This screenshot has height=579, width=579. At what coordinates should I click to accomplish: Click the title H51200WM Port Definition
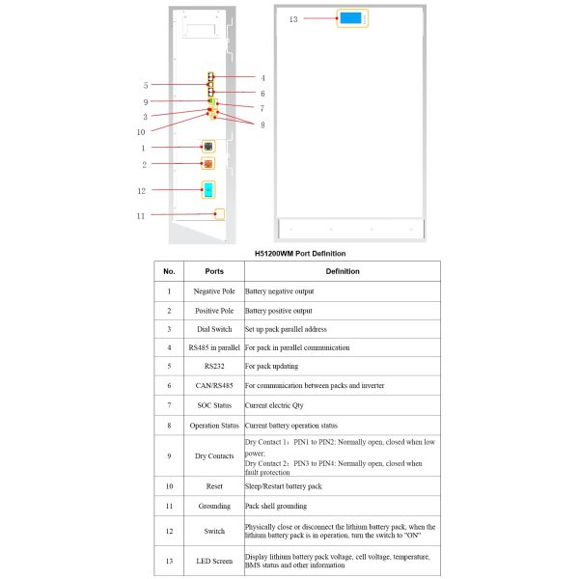(x=299, y=253)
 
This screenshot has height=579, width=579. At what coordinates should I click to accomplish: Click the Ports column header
(x=214, y=271)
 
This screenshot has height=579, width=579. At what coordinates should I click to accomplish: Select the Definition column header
(x=342, y=271)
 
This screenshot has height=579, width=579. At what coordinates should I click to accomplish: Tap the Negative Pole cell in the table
(x=214, y=290)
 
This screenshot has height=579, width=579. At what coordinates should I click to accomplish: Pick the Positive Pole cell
(x=214, y=311)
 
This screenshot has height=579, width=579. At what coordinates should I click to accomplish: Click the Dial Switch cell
(x=214, y=329)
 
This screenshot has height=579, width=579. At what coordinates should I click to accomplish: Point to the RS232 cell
(x=214, y=367)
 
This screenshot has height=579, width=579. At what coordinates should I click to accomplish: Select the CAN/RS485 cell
(x=214, y=386)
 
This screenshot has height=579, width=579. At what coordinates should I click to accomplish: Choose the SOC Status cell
(x=214, y=406)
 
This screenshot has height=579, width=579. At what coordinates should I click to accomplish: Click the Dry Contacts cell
(x=214, y=455)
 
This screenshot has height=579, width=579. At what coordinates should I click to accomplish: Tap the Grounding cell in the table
(x=214, y=506)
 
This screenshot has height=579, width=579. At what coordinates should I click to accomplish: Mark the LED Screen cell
(x=214, y=561)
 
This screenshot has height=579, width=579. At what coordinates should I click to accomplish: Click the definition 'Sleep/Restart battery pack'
(x=286, y=486)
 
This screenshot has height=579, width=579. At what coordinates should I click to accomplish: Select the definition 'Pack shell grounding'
(x=279, y=506)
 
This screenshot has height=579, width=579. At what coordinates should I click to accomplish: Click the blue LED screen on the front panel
(x=350, y=18)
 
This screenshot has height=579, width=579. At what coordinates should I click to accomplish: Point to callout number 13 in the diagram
(x=293, y=18)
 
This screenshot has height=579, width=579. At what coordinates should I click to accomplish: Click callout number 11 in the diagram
(x=141, y=215)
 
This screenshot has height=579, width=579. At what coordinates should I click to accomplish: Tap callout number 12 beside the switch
(x=141, y=190)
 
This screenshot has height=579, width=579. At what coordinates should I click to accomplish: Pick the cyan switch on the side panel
(x=208, y=189)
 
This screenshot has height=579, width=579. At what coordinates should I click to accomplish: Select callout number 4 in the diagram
(x=262, y=77)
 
